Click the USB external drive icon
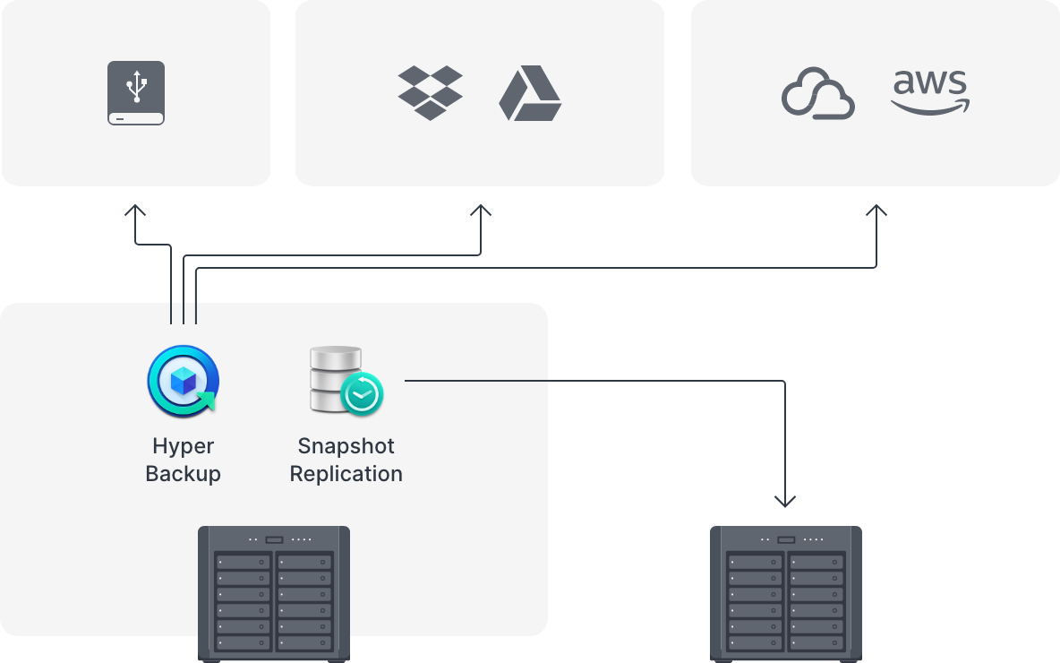(136, 93)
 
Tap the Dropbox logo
(430, 92)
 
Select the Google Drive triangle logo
(530, 93)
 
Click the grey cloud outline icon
(817, 93)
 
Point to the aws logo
(930, 93)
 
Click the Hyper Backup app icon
(184, 382)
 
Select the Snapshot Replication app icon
(346, 381)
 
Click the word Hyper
(184, 446)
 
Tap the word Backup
(184, 474)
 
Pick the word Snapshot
(346, 446)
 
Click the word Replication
(346, 474)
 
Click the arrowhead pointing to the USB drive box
(135, 211)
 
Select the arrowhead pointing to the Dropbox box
(481, 211)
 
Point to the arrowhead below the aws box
(876, 211)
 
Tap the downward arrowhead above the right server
(785, 500)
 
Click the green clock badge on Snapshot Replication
(362, 393)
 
